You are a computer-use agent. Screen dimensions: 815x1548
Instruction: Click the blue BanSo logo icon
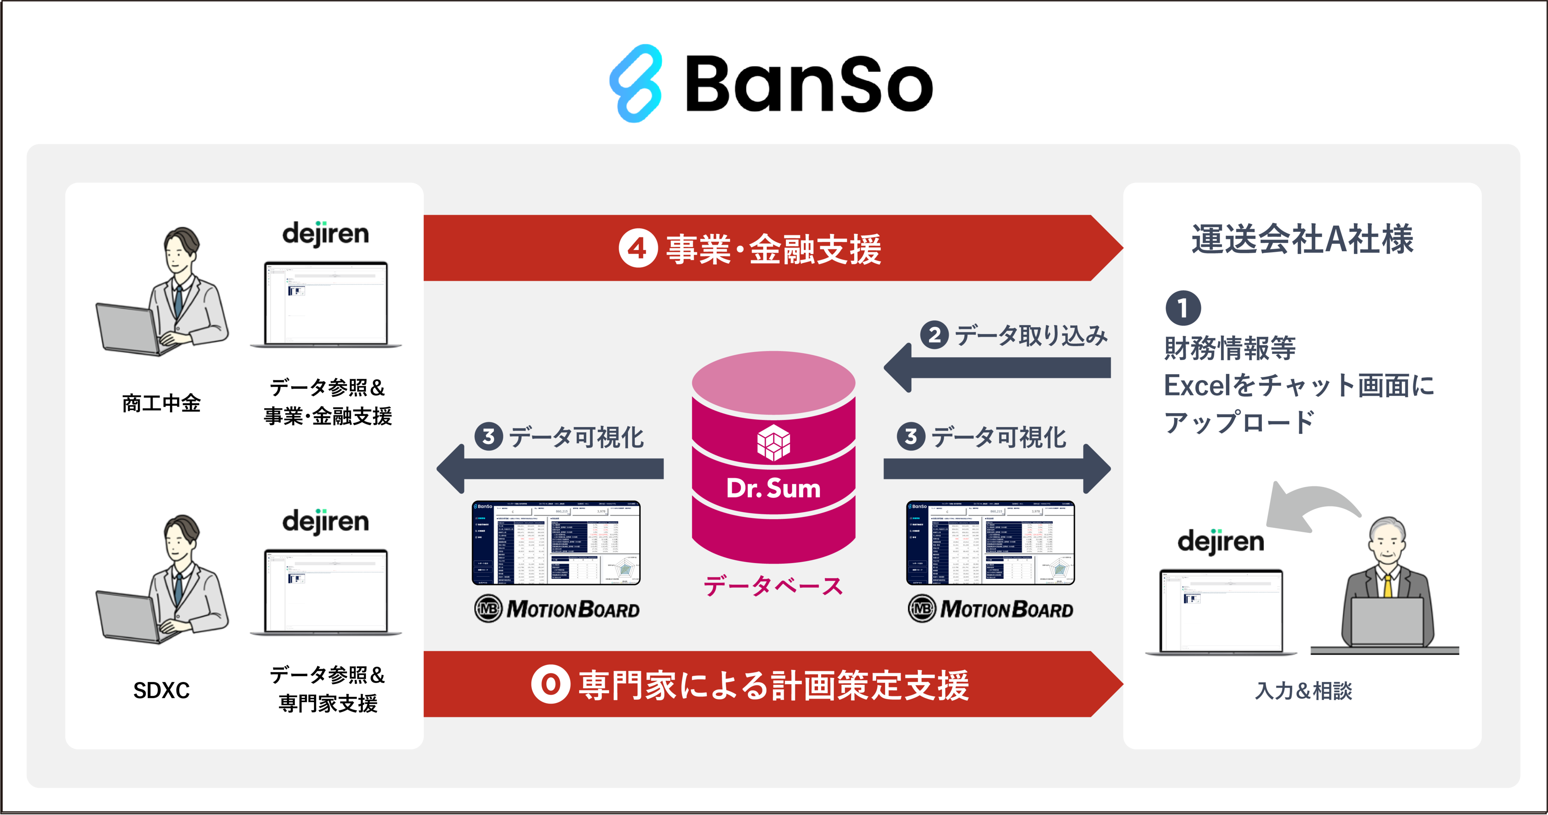[x=636, y=83]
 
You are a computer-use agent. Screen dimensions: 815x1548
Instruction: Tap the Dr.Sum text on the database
[x=773, y=488]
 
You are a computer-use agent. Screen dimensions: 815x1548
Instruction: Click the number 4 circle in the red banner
[x=637, y=248]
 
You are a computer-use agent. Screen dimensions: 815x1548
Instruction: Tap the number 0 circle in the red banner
[x=551, y=684]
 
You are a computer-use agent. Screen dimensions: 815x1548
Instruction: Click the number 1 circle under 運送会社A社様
[x=1183, y=308]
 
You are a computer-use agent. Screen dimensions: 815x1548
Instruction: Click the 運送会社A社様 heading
[x=1302, y=239]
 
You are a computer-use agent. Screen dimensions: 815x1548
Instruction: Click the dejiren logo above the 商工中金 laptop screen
[x=325, y=234]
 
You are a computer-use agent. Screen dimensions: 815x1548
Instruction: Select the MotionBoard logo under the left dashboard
[x=557, y=609]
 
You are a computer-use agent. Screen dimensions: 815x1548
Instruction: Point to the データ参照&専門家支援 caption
[x=327, y=689]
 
